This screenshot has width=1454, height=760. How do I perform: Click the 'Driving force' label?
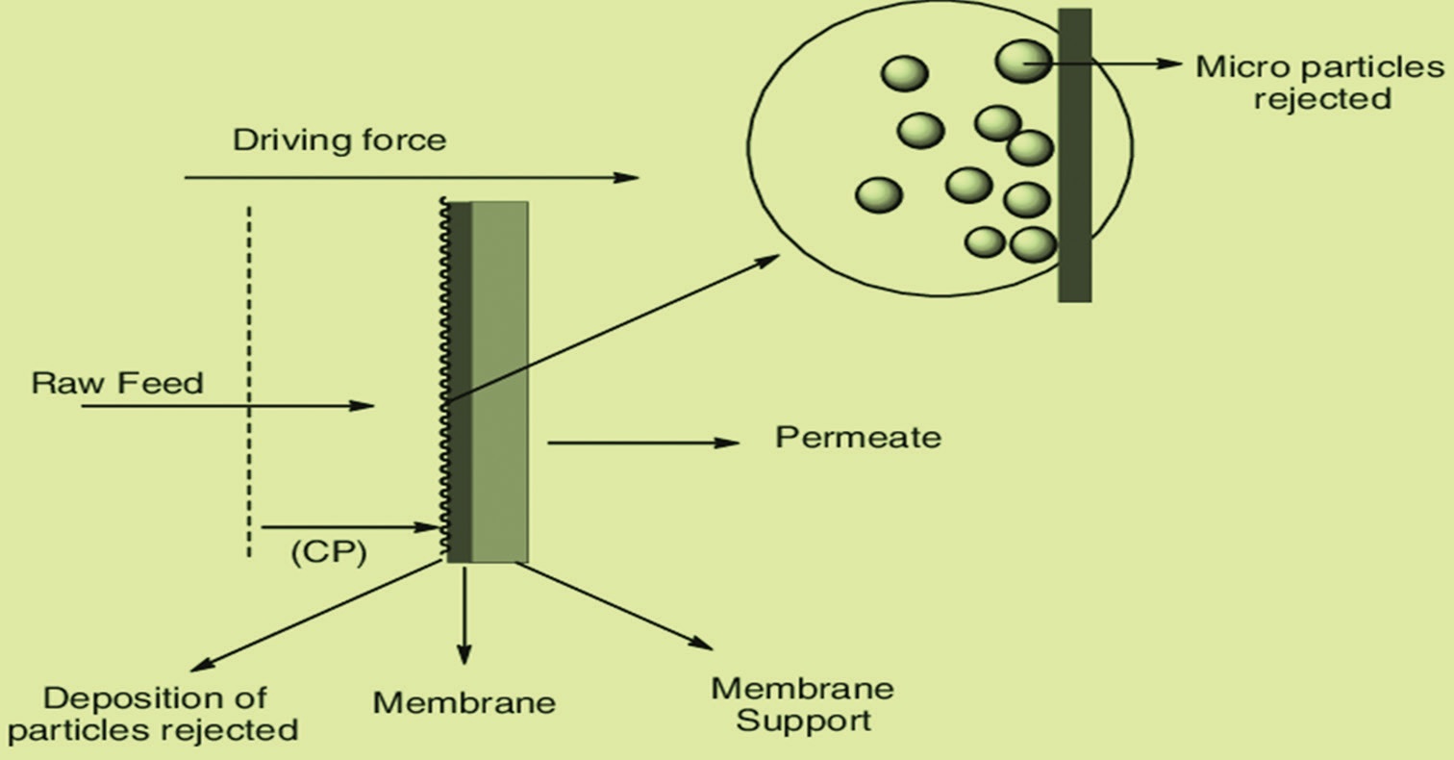339,140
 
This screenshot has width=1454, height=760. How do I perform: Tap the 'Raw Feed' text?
117,384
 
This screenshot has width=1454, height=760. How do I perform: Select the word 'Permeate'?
858,438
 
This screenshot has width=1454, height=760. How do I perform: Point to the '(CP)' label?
328,555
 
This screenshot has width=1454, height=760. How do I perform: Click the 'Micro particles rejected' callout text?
1319,83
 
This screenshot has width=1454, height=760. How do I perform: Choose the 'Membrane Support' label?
802,704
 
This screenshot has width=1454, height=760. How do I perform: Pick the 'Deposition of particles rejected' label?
154,713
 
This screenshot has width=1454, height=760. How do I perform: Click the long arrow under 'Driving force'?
411,178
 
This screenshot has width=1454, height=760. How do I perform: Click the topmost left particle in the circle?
904,74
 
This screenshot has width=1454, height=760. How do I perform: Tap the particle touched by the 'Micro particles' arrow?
1022,61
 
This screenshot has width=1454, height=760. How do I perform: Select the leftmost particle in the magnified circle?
878,195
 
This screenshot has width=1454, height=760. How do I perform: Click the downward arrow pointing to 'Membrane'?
464,616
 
